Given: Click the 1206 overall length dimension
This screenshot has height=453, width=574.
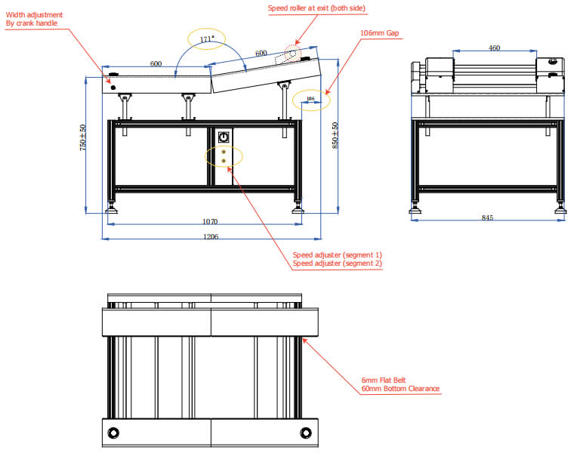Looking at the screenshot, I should coord(211,236).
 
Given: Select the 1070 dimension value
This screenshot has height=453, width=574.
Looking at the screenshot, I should coord(209,221).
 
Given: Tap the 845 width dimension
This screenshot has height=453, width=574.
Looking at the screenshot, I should coord(486,218).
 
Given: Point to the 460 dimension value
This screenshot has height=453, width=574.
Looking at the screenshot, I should coord(494,48).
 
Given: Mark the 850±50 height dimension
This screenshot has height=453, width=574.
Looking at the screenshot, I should coord(335,137).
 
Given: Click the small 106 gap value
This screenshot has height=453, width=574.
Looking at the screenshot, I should coord(310,98).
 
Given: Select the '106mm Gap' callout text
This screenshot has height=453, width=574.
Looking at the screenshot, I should coord(379,33).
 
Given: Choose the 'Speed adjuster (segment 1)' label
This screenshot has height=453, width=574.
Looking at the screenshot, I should coord(338,254).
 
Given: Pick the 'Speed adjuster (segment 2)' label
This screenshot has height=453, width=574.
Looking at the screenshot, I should coord(338,263).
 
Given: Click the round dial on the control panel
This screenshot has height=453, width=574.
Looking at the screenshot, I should coord(224,137).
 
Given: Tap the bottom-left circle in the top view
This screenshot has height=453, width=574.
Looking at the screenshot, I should coord(114,433).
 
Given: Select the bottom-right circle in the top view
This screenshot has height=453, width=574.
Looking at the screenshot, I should coord(306,433).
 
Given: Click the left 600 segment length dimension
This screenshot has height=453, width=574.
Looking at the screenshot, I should coord(156,64).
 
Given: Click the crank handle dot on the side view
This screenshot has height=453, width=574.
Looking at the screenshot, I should coord(113,88).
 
